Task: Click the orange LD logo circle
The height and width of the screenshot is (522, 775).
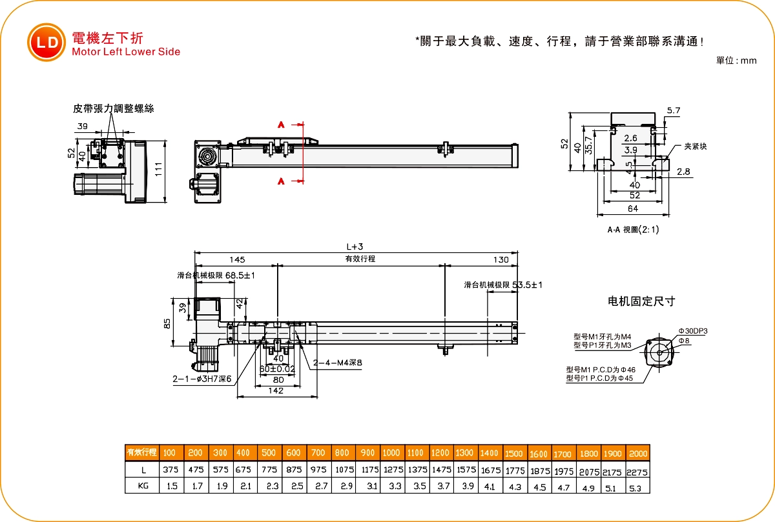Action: coord(46,43)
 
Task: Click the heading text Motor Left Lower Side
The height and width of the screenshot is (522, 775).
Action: coord(127,52)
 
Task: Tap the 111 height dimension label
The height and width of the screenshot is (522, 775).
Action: coord(158,170)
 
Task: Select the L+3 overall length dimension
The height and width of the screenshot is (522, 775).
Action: coord(355,246)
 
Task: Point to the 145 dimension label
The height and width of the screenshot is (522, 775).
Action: coord(237,259)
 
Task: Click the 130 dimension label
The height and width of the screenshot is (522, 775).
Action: coord(501,259)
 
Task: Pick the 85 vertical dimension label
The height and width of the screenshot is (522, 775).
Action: coord(167,323)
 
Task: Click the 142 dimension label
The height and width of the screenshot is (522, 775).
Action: coord(276,390)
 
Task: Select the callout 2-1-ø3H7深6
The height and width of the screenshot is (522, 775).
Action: coord(201,379)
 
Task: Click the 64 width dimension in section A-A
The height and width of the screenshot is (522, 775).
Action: coord(632,208)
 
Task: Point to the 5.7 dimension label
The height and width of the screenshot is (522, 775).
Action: coord(674,111)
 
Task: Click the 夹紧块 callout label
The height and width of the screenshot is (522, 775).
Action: coord(696,146)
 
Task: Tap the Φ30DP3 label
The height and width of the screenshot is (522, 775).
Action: coord(693,331)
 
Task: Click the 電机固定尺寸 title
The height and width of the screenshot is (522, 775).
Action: coord(641,301)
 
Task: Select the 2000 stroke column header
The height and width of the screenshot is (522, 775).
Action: coord(637,454)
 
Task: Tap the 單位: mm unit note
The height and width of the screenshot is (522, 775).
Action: coord(736,61)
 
